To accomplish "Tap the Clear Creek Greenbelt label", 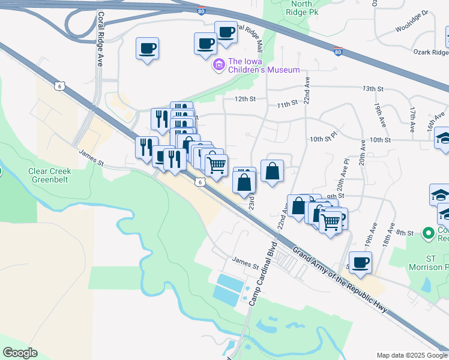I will pyautogui.click(x=49, y=175).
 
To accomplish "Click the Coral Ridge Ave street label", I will pyautogui.click(x=101, y=36).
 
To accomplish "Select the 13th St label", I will pyautogui.click(x=373, y=89).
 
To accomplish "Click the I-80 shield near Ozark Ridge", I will pyautogui.click(x=339, y=53).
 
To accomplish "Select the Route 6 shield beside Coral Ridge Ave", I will pyautogui.click(x=59, y=86).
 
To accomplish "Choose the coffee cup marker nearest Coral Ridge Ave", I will pyautogui.click(x=147, y=49).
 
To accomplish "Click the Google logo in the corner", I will pyautogui.click(x=20, y=353).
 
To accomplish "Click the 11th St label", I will pyautogui.click(x=288, y=104).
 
